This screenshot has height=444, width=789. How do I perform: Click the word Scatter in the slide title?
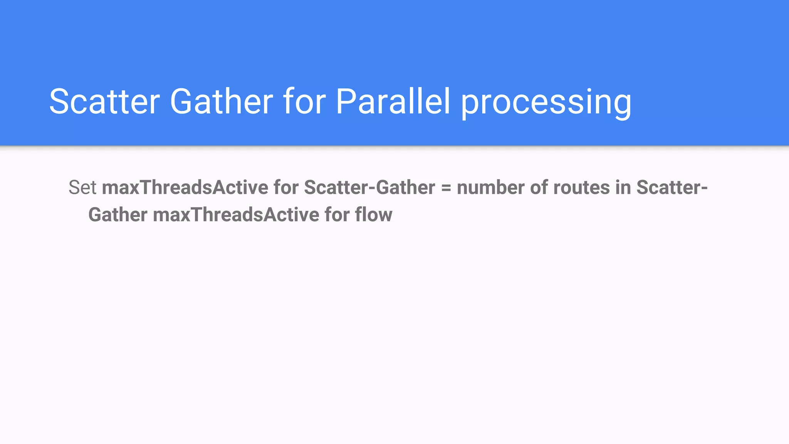point(104,102)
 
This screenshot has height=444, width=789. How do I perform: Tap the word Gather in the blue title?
point(222,102)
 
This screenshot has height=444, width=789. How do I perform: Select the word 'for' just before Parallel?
point(305,102)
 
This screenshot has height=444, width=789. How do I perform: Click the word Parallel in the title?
point(393,102)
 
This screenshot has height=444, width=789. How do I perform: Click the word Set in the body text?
point(82,188)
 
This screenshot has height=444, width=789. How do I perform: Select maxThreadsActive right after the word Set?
point(185,188)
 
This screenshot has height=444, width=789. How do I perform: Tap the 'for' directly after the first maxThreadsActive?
point(286,188)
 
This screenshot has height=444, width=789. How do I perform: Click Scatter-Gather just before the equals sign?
point(369,188)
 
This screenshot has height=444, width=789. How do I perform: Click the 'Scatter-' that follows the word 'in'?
point(672,188)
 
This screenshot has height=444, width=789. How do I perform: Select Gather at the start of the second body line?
point(118,215)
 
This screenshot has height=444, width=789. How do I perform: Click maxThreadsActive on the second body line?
point(236,215)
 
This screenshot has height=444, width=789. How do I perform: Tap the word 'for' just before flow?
point(337,215)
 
